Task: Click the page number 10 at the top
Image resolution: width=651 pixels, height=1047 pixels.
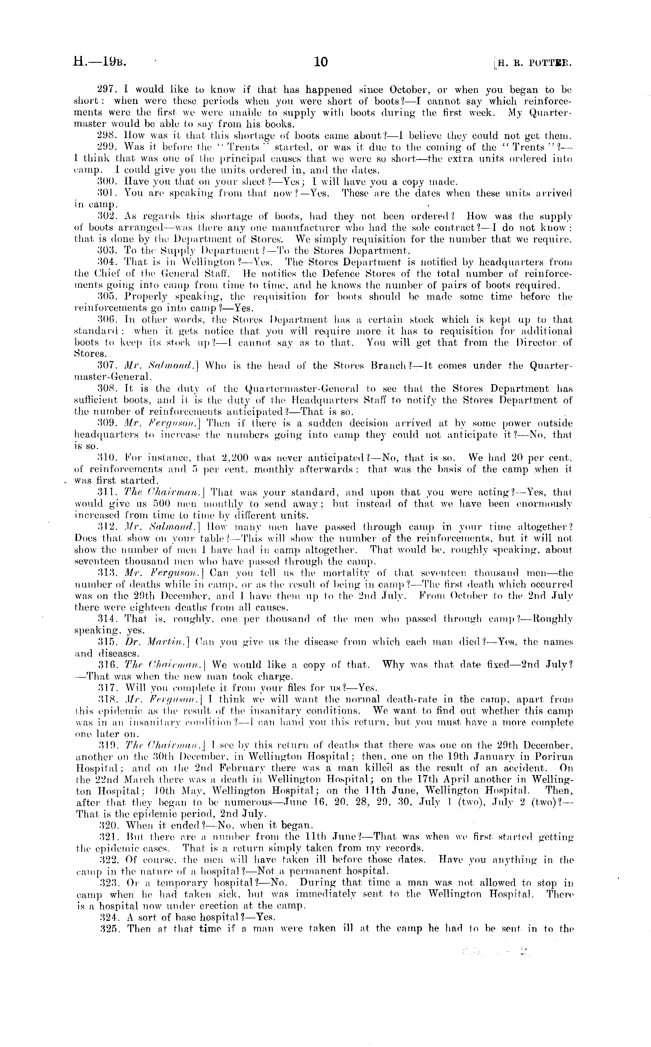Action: click(x=321, y=63)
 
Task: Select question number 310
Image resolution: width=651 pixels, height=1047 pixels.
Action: click(x=105, y=458)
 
